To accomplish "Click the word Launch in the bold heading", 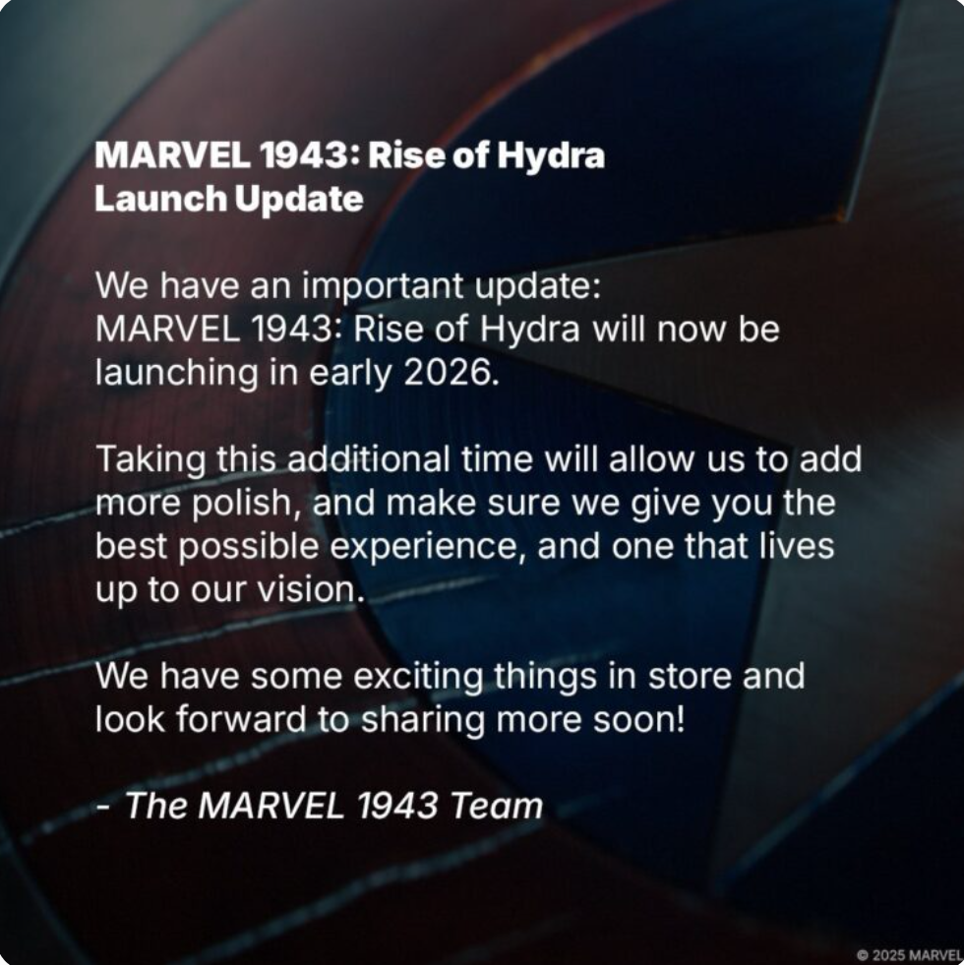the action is [160, 198].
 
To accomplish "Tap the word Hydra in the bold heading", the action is [551, 155].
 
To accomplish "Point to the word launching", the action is [177, 374].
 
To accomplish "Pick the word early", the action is [349, 374].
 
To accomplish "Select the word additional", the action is [368, 459].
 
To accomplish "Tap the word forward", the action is [241, 719].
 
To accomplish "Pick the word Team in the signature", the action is [496, 806].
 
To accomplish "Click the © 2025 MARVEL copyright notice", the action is [909, 955].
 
